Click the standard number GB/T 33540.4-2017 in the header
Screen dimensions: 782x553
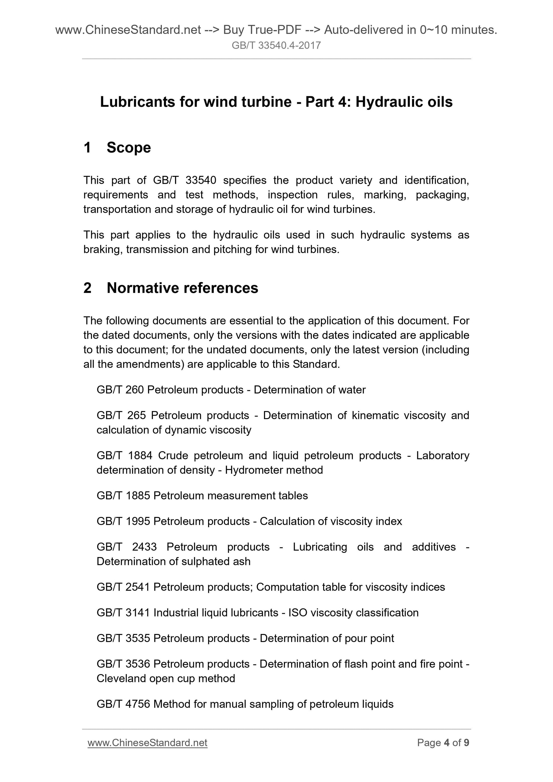coord(276,45)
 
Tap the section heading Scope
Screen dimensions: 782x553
coord(128,147)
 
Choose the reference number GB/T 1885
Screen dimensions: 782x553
coord(123,496)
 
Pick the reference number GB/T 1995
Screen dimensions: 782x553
coord(123,521)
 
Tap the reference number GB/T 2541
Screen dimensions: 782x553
coord(123,587)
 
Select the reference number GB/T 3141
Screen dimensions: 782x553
coord(123,612)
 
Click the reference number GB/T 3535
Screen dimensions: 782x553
coord(123,638)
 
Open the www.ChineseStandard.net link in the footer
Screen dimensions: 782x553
coord(147,743)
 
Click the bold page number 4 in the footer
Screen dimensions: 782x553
coord(447,743)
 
